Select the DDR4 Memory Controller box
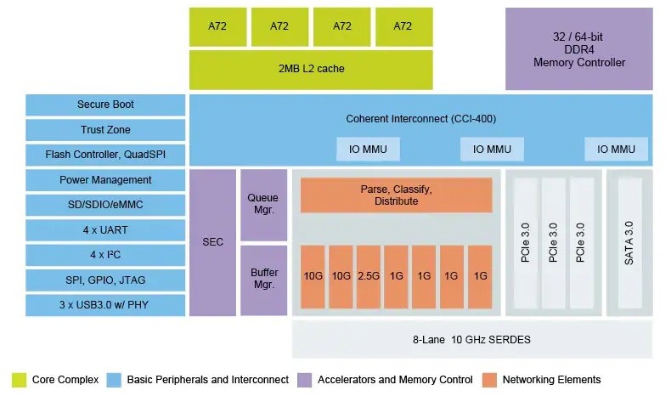click(x=578, y=49)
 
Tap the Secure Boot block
click(x=105, y=105)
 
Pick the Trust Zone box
click(x=105, y=130)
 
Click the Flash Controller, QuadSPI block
click(x=105, y=155)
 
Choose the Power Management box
click(x=105, y=180)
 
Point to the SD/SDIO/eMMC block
click(x=105, y=205)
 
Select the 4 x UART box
click(x=105, y=229)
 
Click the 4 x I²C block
click(x=105, y=255)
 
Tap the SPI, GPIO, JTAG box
click(x=105, y=280)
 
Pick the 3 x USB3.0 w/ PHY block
click(x=105, y=305)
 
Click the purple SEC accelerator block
click(x=212, y=242)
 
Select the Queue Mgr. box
click(x=262, y=204)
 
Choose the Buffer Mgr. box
click(x=262, y=280)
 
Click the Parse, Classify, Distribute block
click(x=396, y=195)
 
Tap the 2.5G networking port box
click(x=368, y=276)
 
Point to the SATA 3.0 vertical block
click(x=629, y=242)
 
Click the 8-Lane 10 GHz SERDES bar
click(x=472, y=340)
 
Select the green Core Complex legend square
click(x=18, y=380)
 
